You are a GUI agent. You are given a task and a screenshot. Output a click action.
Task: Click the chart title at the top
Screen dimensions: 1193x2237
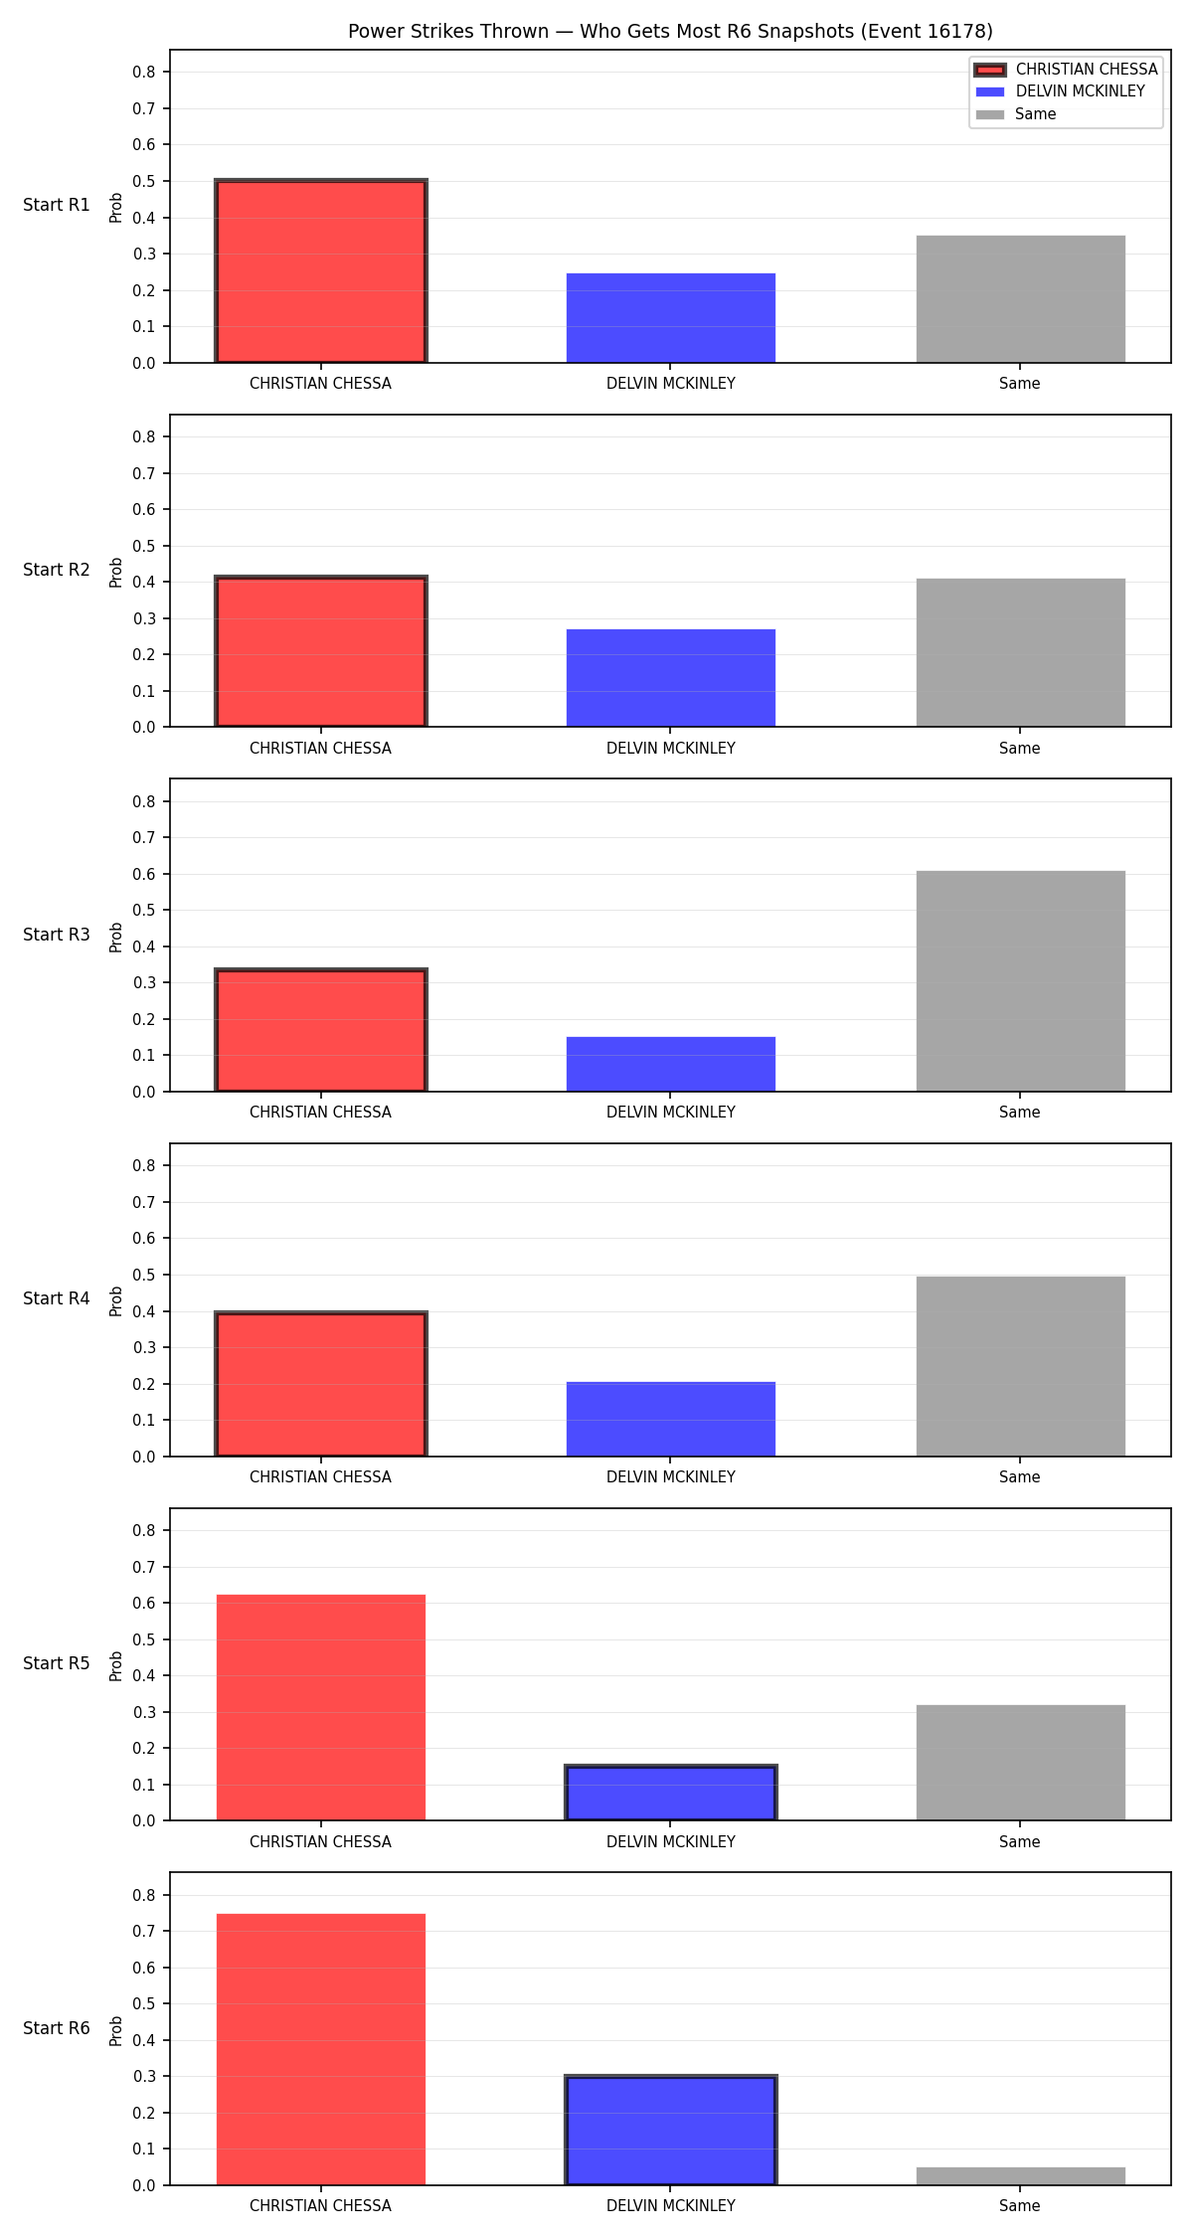(670, 32)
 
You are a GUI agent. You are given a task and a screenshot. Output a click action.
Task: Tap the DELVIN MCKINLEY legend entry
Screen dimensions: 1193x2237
(1060, 91)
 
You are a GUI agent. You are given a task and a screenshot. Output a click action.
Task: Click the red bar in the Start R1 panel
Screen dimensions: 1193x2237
(321, 271)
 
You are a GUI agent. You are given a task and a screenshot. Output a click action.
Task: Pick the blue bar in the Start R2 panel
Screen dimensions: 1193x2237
(671, 678)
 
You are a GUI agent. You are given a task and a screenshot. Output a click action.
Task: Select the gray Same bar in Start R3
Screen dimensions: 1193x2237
(1021, 981)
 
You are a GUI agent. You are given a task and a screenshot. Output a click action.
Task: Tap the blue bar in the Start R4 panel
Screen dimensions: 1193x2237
(671, 1419)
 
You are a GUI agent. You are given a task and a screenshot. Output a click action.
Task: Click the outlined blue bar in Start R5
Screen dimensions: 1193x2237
(671, 1794)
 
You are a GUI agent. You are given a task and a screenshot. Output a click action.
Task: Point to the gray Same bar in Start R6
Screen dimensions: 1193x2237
(1021, 2176)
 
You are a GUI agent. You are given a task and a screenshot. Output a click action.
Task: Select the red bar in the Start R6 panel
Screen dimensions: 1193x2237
(321, 2049)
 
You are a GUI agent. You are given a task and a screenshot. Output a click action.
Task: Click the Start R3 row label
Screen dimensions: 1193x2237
(57, 935)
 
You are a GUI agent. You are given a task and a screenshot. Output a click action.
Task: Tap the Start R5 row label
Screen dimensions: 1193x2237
(57, 1663)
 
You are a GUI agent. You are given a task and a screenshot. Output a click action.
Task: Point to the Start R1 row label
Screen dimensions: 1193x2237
(57, 205)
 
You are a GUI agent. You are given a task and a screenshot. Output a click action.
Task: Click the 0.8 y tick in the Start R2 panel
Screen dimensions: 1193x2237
(144, 436)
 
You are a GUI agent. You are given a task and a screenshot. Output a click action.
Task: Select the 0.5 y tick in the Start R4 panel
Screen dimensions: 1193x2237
(144, 1275)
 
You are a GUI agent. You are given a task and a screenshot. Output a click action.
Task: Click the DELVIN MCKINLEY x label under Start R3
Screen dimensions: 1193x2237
(671, 1113)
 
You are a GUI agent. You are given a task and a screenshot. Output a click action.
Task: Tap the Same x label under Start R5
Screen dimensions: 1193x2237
(1020, 1842)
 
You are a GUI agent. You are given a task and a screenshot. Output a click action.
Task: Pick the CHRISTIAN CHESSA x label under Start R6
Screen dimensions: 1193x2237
(320, 2206)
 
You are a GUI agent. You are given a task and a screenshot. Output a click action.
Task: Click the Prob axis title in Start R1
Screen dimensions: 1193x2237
(116, 207)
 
